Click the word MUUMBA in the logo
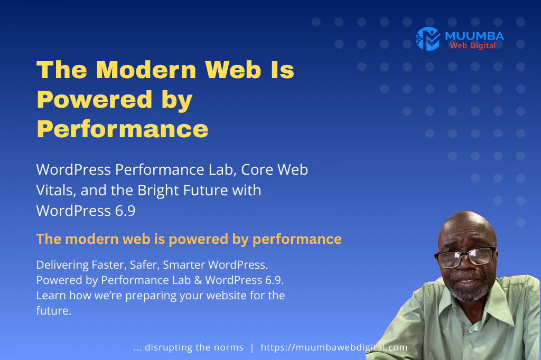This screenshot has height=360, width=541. click(x=474, y=36)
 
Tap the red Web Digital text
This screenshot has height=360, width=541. click(x=473, y=45)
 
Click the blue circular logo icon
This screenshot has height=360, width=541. click(x=428, y=39)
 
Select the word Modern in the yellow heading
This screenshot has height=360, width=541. click(x=146, y=70)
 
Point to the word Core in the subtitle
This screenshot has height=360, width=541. click(x=257, y=169)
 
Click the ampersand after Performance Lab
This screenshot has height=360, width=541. click(x=198, y=280)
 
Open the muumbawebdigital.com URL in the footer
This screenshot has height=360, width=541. click(x=334, y=347)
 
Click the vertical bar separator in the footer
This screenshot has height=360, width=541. click(x=252, y=347)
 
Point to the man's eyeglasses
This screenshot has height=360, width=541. click(x=465, y=257)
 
